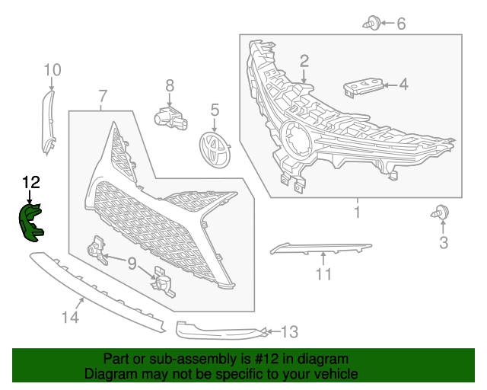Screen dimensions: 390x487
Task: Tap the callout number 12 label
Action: click(30, 182)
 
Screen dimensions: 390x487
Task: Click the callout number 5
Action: click(215, 111)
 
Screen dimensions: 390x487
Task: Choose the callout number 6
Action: click(401, 24)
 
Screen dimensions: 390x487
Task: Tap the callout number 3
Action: click(444, 243)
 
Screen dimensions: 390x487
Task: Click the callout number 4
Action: click(403, 85)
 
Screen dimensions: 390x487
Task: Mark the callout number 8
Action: click(170, 86)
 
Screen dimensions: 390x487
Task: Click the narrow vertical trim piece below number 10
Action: click(50, 122)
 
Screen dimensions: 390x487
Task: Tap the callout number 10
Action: click(52, 71)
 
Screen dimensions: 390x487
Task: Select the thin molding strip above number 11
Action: click(320, 249)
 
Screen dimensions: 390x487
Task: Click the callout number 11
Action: click(324, 274)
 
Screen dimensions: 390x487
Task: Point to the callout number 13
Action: click(289, 331)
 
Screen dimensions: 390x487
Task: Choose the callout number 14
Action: click(70, 317)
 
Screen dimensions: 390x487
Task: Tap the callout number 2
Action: click(304, 61)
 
